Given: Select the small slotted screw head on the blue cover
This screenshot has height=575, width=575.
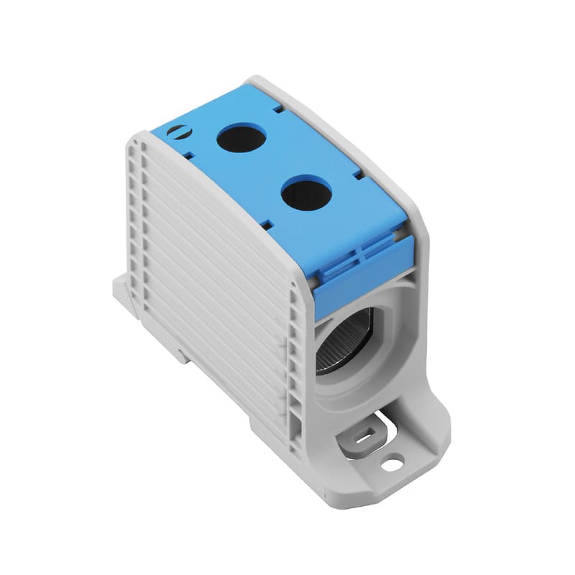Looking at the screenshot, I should pos(178,132).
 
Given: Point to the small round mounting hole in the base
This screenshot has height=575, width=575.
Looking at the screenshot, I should pos(392,464).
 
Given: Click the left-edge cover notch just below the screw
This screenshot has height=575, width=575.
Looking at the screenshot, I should pos(188,153).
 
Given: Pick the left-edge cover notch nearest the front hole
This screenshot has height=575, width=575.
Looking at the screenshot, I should pos(267,224).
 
